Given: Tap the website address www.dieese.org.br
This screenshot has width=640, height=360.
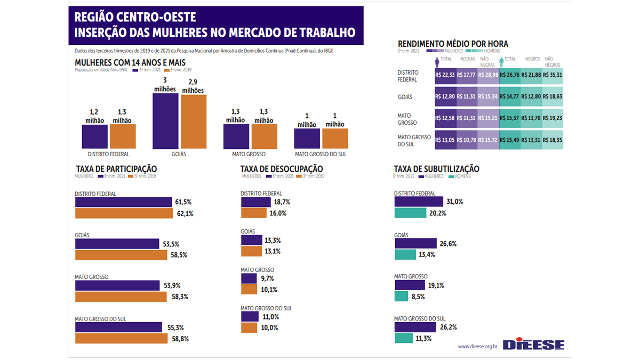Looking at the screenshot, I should [477, 346].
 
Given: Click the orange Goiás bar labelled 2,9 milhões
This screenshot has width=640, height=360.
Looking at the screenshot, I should [193, 122].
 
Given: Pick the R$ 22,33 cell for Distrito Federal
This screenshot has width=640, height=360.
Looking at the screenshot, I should [445, 75].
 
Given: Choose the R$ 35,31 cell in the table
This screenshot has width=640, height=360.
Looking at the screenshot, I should [552, 75].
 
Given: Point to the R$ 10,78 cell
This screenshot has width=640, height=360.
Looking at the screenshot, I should [467, 140].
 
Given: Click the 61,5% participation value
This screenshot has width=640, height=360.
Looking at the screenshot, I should [183, 202].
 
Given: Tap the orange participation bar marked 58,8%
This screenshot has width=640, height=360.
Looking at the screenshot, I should [121, 339].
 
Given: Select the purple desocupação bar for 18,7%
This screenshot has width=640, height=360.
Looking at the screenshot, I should [256, 202].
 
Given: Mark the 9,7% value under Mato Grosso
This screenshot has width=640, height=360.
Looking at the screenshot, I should [267, 278].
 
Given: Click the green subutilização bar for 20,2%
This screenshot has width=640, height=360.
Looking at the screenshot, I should [410, 213].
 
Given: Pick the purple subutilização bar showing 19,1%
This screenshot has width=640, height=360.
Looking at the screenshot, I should [409, 285].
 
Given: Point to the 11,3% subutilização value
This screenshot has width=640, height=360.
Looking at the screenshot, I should [423, 338].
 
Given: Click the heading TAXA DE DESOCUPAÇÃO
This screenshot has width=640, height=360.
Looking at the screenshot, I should [282, 169].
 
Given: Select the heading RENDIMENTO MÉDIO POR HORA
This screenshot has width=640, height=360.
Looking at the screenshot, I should [453, 44].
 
